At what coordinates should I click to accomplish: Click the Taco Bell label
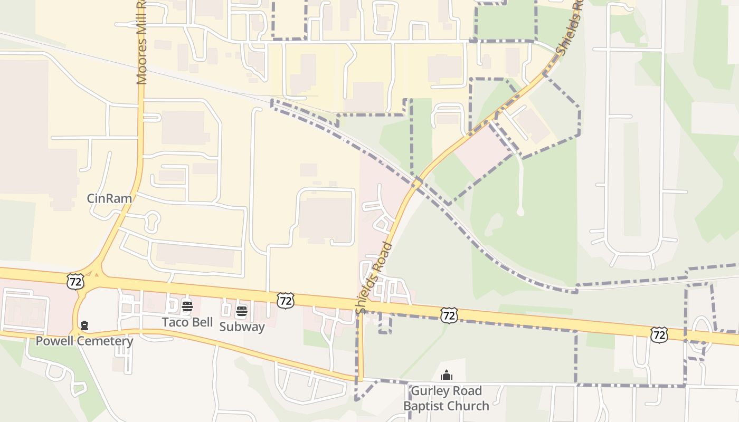point(187,322)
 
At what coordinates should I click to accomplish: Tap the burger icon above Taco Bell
point(187,306)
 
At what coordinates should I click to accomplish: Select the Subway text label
point(242,327)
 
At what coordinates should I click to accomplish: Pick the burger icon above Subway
point(242,311)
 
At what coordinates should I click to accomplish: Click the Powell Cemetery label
point(84,341)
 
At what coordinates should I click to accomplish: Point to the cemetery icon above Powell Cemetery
point(84,325)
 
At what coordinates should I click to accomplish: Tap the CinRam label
point(109,199)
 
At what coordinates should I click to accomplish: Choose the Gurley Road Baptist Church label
point(446,398)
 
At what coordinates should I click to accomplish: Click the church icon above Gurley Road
point(447,376)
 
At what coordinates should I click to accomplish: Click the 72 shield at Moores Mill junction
point(75,281)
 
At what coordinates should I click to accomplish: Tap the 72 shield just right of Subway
point(285,301)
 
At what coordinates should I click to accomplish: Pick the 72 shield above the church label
point(448,315)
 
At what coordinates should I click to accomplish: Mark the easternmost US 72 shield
point(659,334)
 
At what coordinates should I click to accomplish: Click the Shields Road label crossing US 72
point(373,279)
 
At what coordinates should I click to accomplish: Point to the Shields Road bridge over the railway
point(417,183)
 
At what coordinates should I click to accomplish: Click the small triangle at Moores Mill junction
point(96,273)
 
